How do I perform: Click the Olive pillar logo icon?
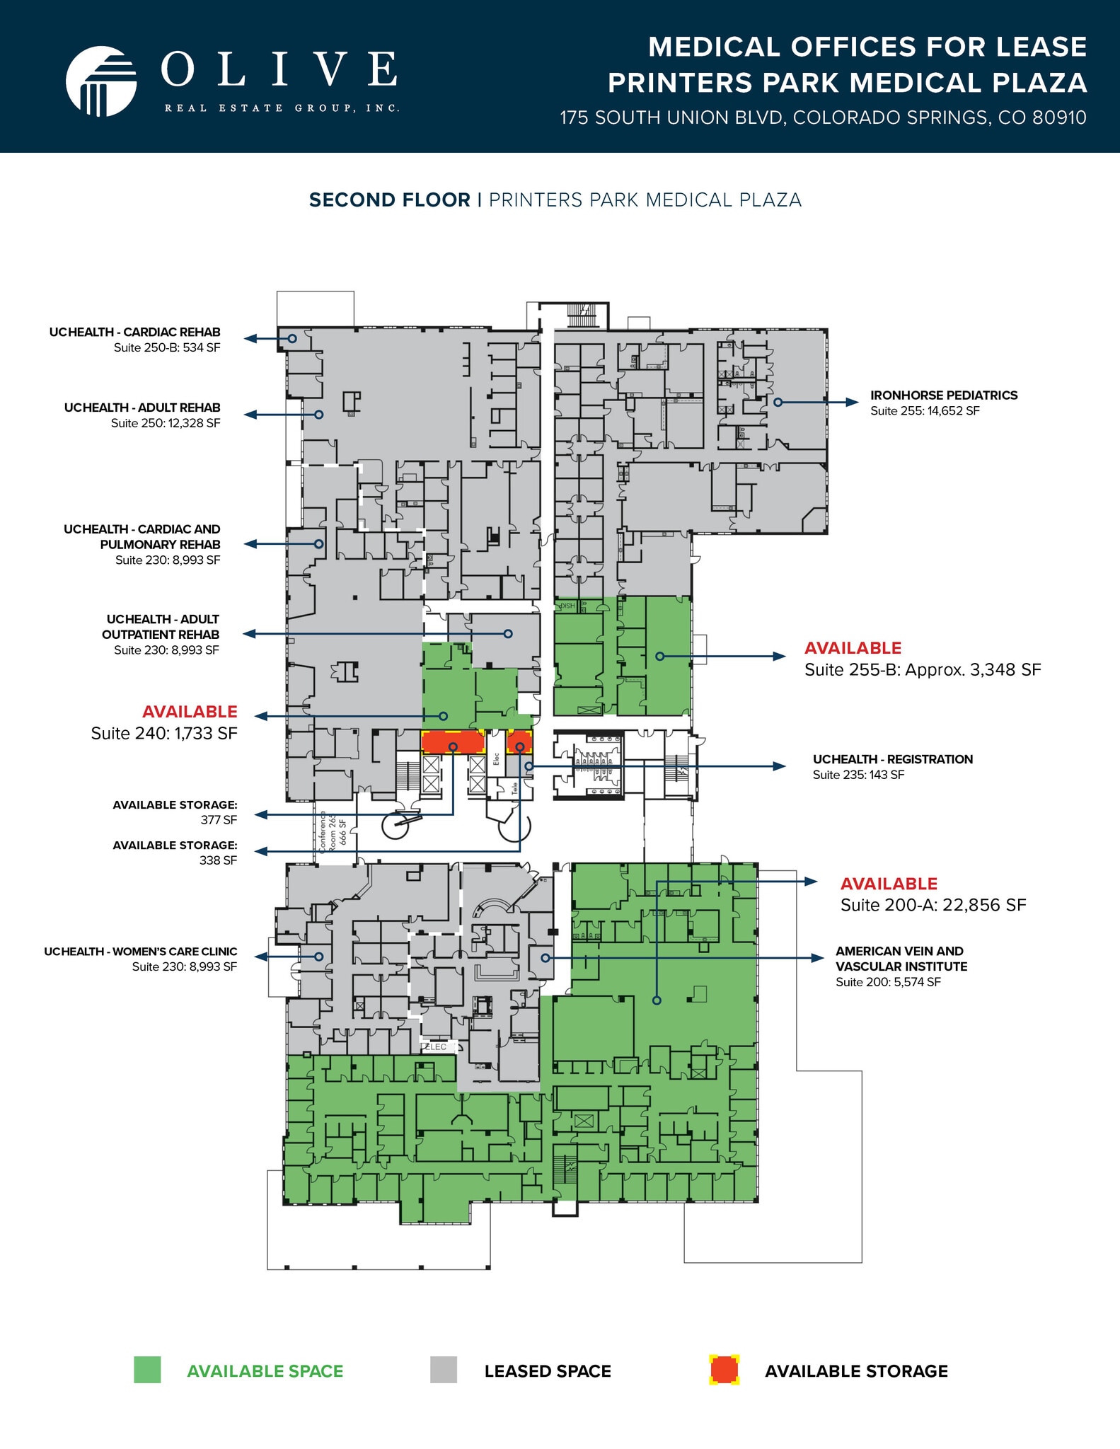101,81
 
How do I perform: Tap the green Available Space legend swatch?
147,1370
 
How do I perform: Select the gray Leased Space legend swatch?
444,1370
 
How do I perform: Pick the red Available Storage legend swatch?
724,1370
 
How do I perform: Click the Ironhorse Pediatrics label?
944,396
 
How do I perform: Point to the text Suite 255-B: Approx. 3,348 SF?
923,670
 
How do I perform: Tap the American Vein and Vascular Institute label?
901,959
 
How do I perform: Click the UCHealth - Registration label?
892,759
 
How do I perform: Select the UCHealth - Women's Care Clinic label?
141,952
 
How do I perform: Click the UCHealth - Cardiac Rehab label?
134,332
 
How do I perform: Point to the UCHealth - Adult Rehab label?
142,408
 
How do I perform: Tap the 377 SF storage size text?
219,820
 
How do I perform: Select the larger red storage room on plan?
453,742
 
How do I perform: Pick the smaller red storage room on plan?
519,742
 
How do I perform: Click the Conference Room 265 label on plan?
333,832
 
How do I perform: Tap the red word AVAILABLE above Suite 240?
190,712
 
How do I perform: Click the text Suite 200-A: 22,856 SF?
933,905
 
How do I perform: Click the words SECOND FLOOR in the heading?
390,200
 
